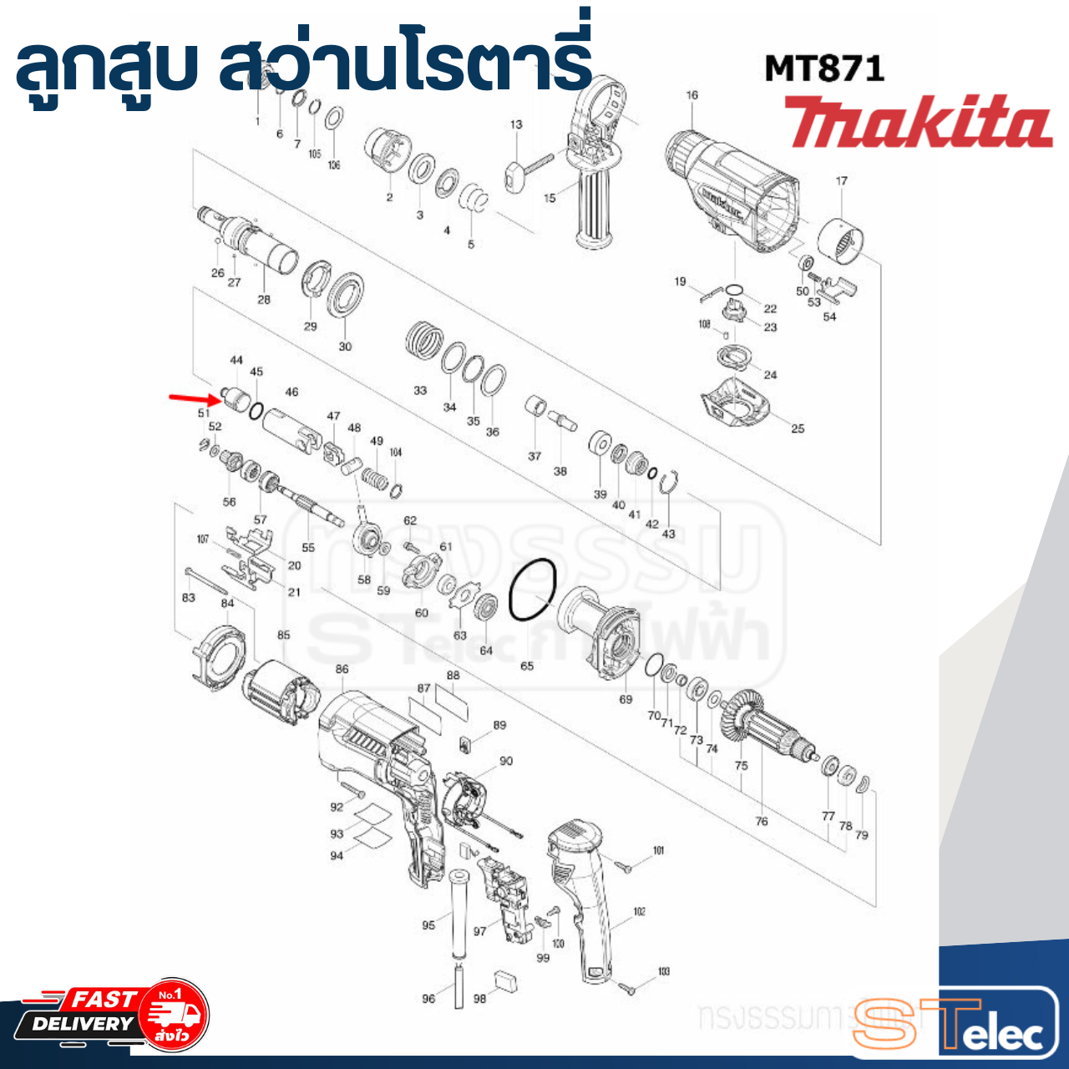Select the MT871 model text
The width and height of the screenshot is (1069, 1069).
coord(824,68)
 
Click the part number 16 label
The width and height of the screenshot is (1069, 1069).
coord(692,95)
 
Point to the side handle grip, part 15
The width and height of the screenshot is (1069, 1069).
coord(594,205)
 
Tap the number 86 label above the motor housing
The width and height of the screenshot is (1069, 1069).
coord(342,669)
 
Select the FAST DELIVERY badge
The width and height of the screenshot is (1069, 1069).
coord(109,1015)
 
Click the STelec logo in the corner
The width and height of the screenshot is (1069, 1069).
coord(956,1023)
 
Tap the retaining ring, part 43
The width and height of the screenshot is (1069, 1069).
coord(667,485)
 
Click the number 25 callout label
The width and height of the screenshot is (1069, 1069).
coord(798,428)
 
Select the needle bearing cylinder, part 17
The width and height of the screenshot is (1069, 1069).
coord(840,237)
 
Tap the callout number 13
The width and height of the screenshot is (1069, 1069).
coord(516,124)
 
